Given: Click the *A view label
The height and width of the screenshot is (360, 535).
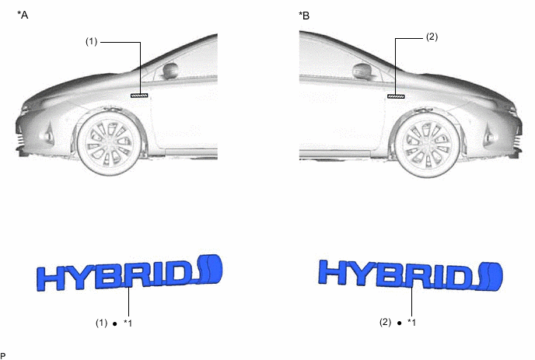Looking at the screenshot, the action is pyautogui.click(x=23, y=15).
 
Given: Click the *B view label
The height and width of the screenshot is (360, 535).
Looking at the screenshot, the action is pyautogui.click(x=304, y=16).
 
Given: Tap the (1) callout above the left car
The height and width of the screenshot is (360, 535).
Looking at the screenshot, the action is pyautogui.click(x=91, y=42).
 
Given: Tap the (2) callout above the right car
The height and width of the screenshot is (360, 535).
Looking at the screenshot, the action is pyautogui.click(x=432, y=37).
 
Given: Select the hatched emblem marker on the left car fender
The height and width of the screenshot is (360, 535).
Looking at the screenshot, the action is pyautogui.click(x=139, y=96).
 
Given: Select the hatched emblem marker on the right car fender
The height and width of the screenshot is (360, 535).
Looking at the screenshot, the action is pyautogui.click(x=396, y=96).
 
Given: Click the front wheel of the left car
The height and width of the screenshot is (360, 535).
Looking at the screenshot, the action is pyautogui.click(x=109, y=142).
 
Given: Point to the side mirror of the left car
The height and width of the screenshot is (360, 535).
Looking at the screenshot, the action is pyautogui.click(x=170, y=70).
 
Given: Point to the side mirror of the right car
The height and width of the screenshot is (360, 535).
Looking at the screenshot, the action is pyautogui.click(x=362, y=72).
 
